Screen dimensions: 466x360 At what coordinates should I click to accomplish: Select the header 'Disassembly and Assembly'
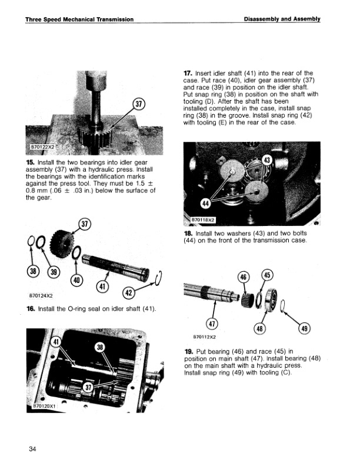(282, 19)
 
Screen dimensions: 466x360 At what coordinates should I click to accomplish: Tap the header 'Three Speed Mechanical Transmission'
(79, 19)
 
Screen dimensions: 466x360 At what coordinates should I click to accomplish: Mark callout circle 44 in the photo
(206, 204)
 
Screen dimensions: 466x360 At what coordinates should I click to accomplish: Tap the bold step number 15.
(31, 162)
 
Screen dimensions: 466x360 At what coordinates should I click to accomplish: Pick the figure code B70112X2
(204, 338)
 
